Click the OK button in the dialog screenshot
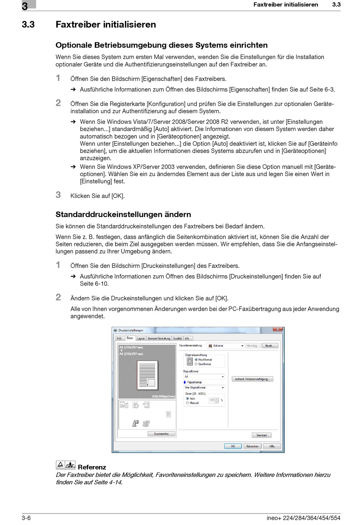232,446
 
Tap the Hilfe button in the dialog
272,446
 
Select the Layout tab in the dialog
141,338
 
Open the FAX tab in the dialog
119,338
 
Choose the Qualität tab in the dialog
177,338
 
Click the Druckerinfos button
161,434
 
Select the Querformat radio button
196,364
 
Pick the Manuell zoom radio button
187,403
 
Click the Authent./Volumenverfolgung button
252,379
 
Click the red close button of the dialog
278,329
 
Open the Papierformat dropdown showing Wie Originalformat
204,388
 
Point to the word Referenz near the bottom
92,467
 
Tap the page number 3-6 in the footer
26,518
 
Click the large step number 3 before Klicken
58,195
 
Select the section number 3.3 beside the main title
28,25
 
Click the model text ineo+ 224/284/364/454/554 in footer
303,518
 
